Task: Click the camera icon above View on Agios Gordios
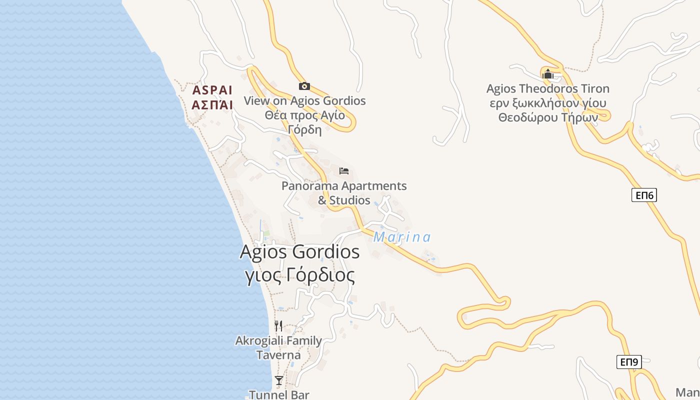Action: [x=304, y=86]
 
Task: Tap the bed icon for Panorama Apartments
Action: [x=343, y=171]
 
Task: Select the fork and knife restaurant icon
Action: [x=278, y=326]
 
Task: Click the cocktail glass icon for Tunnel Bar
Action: [x=278, y=380]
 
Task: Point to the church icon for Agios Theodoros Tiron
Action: [x=547, y=74]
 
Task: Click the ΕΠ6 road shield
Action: [x=644, y=195]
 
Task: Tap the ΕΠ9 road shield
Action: [x=628, y=361]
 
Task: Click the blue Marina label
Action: [x=402, y=237]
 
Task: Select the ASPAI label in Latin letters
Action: [x=212, y=90]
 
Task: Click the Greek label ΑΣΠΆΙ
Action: [x=212, y=105]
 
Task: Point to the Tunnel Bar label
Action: [x=279, y=394]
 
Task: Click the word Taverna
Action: [x=278, y=355]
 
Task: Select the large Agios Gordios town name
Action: [x=299, y=251]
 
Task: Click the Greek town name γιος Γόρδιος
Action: [x=300, y=275]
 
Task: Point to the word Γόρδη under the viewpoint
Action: [x=304, y=129]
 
